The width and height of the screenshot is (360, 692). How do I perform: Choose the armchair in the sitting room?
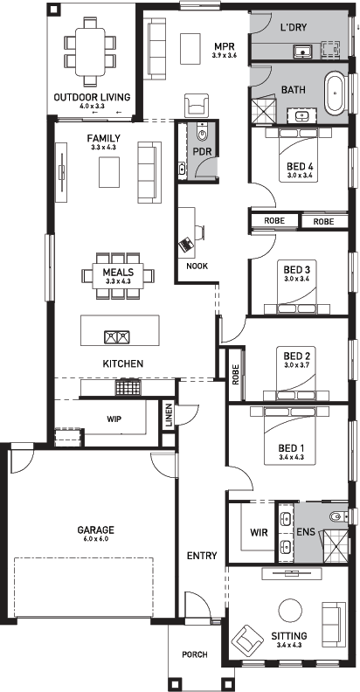click(248, 642)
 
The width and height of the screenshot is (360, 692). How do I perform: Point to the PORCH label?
click(195, 654)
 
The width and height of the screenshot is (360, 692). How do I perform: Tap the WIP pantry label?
click(114, 419)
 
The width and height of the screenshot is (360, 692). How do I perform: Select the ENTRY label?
click(201, 555)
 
